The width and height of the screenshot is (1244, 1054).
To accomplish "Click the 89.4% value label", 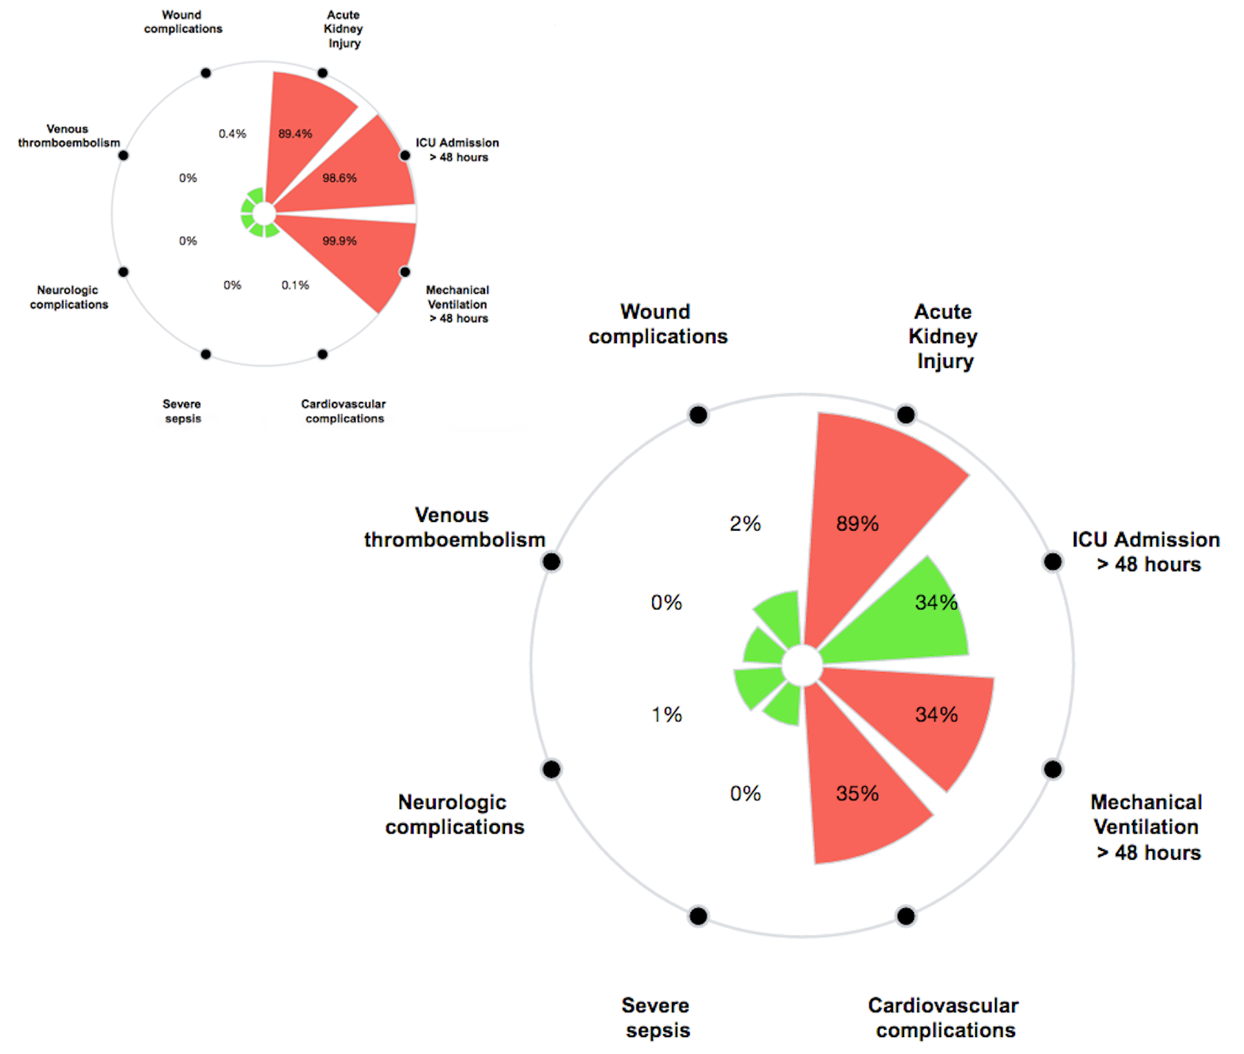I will tap(295, 134).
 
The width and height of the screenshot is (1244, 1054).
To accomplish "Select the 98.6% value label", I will tap(339, 178).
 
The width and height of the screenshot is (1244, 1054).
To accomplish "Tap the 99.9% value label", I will tap(339, 241).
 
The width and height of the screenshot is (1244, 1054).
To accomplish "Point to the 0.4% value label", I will tap(232, 134).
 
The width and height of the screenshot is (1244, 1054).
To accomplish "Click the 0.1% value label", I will tap(295, 285).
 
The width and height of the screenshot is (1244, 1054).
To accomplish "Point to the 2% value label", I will tap(745, 524).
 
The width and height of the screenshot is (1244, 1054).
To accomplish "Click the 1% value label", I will tap(666, 715).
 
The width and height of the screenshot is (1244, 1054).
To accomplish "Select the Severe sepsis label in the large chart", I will tap(657, 1017).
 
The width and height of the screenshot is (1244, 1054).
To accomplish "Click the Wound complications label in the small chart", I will tap(183, 22).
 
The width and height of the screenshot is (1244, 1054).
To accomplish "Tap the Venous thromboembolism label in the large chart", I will tap(454, 527).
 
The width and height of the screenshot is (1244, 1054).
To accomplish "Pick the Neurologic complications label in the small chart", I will tap(68, 297).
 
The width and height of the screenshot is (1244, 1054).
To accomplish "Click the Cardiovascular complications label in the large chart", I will tap(944, 1017).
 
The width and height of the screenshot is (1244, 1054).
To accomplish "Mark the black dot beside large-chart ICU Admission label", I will tap(1053, 562).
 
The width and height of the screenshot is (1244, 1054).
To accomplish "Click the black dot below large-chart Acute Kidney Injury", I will tap(905, 414).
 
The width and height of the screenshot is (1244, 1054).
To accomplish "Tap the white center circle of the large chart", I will tap(801, 665).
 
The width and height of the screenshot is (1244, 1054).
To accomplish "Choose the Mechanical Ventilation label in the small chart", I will tap(458, 304).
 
